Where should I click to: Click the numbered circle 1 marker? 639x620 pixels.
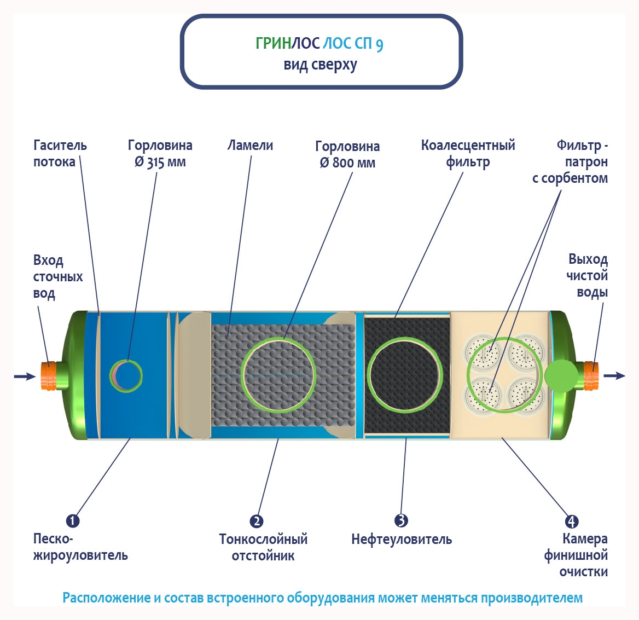coord(73,520)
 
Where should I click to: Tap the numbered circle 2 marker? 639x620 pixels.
coord(256,521)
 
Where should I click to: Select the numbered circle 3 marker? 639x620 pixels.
coord(401,520)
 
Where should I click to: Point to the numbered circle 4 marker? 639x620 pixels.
coord(571,521)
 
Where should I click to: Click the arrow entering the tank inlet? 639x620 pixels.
coord(25,376)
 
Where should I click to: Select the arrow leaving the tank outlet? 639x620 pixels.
coord(614,375)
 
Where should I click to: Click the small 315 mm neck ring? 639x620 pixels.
coord(126,375)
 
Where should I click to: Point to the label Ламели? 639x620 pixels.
coord(250,146)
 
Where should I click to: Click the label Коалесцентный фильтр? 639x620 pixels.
coord(468,154)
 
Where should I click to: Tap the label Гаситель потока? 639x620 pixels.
coord(60,154)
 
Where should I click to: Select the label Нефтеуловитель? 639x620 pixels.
coord(402,540)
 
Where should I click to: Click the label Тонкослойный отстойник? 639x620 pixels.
coord(263,547)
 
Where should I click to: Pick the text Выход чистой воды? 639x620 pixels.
coord(587,275)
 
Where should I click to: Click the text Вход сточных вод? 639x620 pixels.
coord(57,276)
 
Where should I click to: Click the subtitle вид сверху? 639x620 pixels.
coord(320,65)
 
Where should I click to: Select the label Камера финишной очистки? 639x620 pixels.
coord(576,555)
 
